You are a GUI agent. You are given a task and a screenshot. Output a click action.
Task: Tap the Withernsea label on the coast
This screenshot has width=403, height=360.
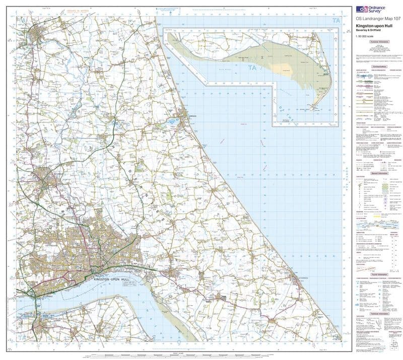[301, 277]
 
